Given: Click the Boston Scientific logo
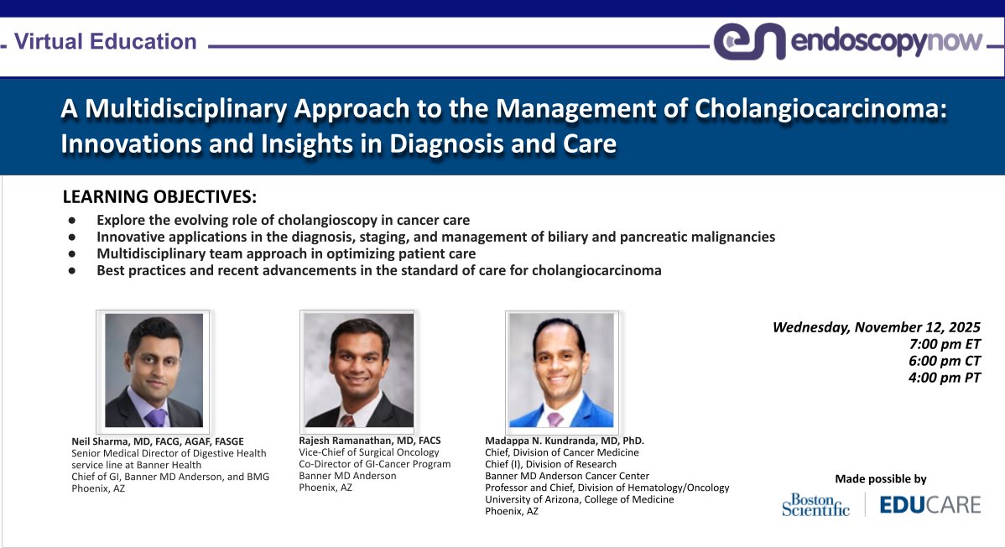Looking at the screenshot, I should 815,504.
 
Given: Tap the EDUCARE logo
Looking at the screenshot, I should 929,504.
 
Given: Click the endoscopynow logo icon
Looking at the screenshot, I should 749,41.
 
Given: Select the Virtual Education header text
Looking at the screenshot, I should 106,41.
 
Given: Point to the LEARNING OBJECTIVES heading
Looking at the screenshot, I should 159,197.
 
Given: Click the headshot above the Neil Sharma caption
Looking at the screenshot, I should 154,370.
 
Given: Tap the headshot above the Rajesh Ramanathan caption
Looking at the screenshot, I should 358,370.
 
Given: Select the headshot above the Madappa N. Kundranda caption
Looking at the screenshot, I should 562,370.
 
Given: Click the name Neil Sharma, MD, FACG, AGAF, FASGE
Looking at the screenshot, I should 158,441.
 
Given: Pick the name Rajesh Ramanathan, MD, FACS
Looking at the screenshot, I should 369,441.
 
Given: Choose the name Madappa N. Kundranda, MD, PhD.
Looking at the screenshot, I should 565,441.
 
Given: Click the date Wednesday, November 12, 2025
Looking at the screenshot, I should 876,327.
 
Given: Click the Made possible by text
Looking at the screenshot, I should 881,479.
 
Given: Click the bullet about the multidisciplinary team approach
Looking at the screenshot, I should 286,253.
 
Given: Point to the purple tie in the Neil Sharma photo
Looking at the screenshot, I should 155,417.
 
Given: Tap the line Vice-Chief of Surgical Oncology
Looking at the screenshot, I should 368,452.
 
